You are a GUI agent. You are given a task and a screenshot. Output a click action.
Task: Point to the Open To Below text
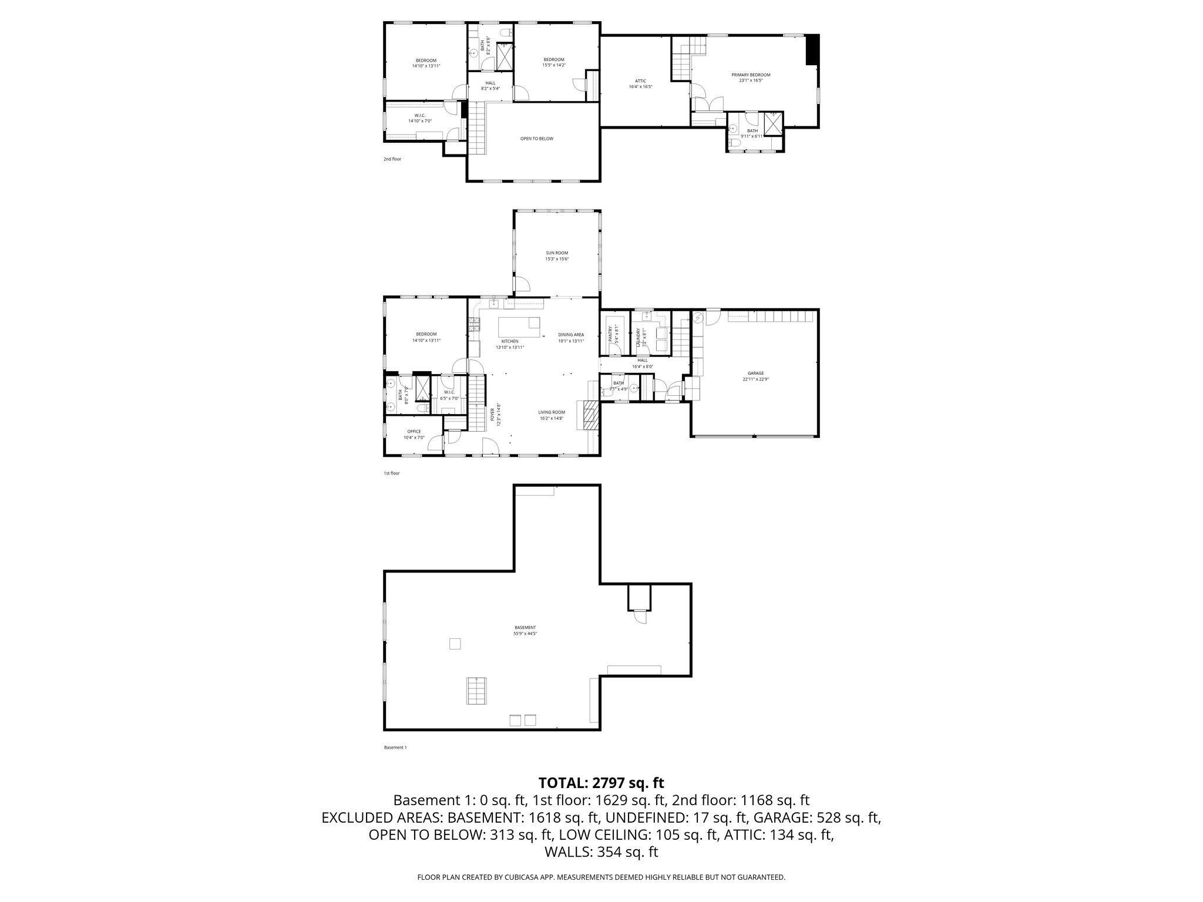coord(536,139)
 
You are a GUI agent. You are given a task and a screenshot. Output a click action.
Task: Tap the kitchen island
coord(519,327)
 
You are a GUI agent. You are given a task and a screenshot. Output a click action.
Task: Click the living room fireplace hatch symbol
coord(589,416)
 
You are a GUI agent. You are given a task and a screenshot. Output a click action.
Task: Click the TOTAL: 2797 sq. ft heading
coord(601,783)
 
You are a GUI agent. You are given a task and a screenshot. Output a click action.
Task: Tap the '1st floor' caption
coord(391,473)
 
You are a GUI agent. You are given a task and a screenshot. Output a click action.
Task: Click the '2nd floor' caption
coord(392,159)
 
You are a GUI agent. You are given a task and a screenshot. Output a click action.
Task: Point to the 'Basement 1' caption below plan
coord(395,748)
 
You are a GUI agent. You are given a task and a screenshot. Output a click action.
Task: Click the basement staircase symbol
coord(477,691)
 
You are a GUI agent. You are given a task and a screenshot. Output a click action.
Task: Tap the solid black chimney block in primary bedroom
coord(812,49)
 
